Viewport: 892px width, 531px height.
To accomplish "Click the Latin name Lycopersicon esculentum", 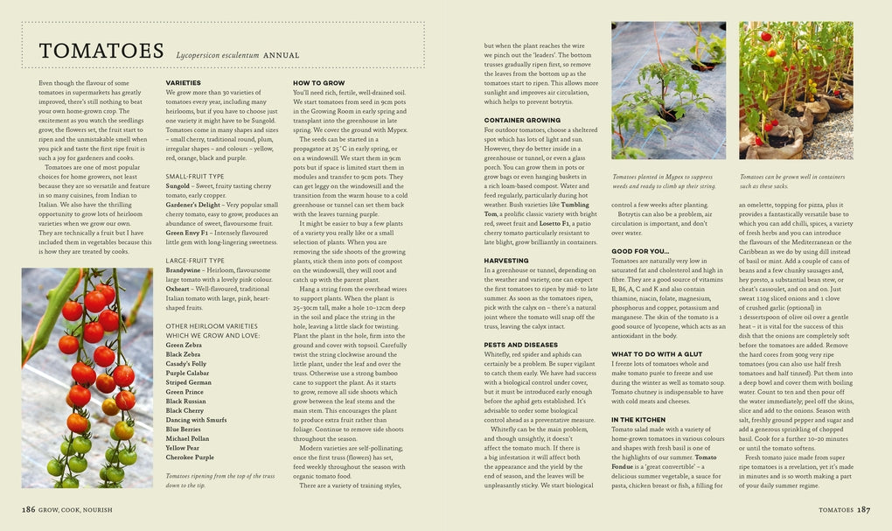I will [219, 55].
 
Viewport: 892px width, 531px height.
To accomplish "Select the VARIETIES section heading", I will [184, 82].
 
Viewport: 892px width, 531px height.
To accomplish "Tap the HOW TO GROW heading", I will [318, 82].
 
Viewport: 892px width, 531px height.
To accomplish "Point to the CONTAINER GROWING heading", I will [522, 119].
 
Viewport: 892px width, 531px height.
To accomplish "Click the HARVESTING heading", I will [506, 261].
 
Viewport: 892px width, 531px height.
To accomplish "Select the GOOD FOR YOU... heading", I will [640, 251].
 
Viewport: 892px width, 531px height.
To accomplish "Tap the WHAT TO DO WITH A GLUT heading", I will [657, 353].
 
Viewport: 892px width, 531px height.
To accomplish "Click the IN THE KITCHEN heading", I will [638, 420].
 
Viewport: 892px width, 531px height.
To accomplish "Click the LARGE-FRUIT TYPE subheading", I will [195, 260].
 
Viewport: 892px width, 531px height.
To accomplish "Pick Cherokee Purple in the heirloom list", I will [190, 457].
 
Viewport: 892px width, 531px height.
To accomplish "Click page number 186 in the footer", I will [30, 508].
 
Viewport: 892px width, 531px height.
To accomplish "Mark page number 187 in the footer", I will [863, 508].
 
